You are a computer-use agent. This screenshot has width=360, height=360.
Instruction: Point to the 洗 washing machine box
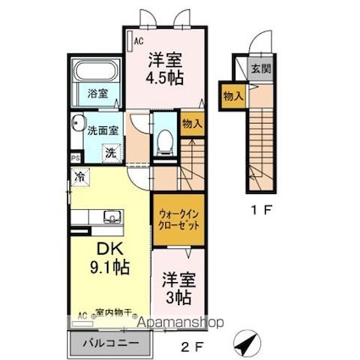(x=110, y=153)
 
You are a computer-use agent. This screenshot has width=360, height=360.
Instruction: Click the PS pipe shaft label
(x=74, y=158)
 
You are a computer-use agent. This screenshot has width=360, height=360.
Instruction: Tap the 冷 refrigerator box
(x=79, y=178)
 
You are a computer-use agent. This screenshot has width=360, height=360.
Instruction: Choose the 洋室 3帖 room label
(x=177, y=288)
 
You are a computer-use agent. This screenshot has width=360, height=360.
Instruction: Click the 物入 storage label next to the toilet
(x=192, y=124)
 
